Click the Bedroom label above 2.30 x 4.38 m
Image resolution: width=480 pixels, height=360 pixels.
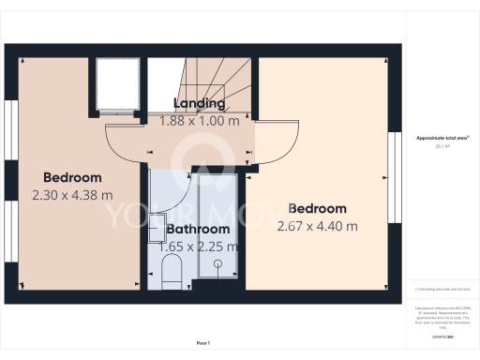tap(72, 177)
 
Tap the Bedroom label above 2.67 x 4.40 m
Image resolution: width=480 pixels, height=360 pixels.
tap(317, 208)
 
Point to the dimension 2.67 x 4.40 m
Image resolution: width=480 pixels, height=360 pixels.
tap(317, 226)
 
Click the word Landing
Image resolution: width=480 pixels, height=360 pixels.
tap(199, 103)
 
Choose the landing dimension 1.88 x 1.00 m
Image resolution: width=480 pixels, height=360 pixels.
tap(199, 120)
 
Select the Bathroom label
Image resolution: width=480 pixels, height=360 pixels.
tap(198, 229)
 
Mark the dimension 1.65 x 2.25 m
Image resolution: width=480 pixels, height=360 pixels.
tap(198, 247)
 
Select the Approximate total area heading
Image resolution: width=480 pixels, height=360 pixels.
tap(442, 138)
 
